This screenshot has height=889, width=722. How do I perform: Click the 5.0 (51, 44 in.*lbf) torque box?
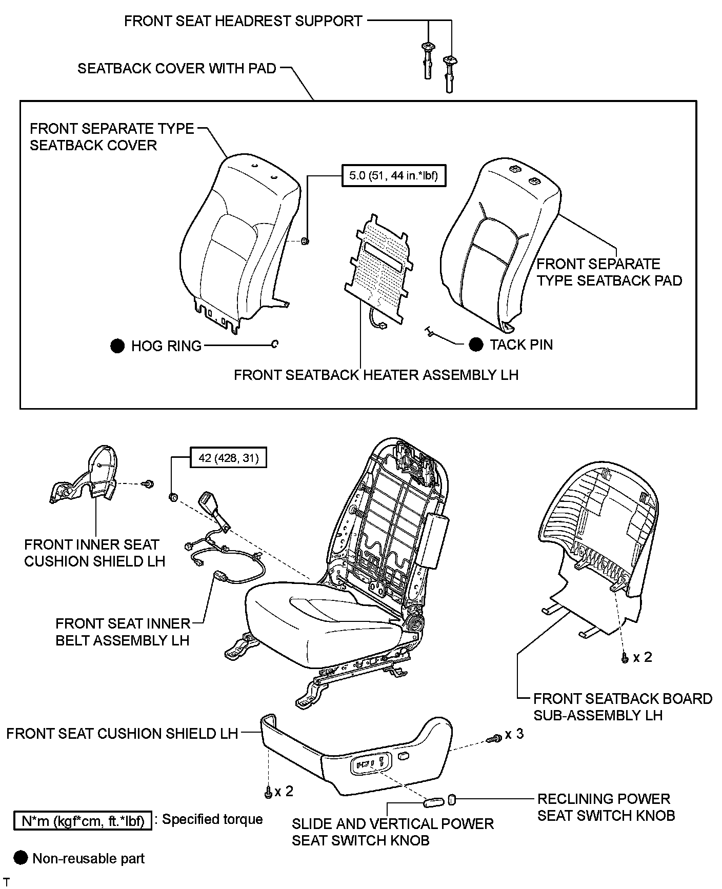(x=393, y=176)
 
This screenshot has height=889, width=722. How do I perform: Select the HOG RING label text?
(x=166, y=346)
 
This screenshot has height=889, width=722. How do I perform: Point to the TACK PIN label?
(x=521, y=345)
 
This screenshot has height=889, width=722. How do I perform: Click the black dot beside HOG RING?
(x=117, y=346)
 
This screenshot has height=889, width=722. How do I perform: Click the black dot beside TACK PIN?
(x=476, y=345)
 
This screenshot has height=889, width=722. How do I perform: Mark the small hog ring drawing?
(x=275, y=344)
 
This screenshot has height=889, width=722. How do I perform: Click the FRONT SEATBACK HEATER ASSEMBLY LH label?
(x=376, y=375)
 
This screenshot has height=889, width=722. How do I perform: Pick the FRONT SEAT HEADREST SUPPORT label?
(x=243, y=21)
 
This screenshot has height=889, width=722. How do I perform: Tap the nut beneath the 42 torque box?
(x=173, y=496)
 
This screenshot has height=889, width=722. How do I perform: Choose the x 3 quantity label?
(x=514, y=734)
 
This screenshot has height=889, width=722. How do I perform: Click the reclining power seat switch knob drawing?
(x=452, y=798)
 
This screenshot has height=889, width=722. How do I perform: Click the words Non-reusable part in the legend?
(x=88, y=858)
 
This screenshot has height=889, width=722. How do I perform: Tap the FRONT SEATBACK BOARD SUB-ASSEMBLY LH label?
(x=623, y=706)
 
